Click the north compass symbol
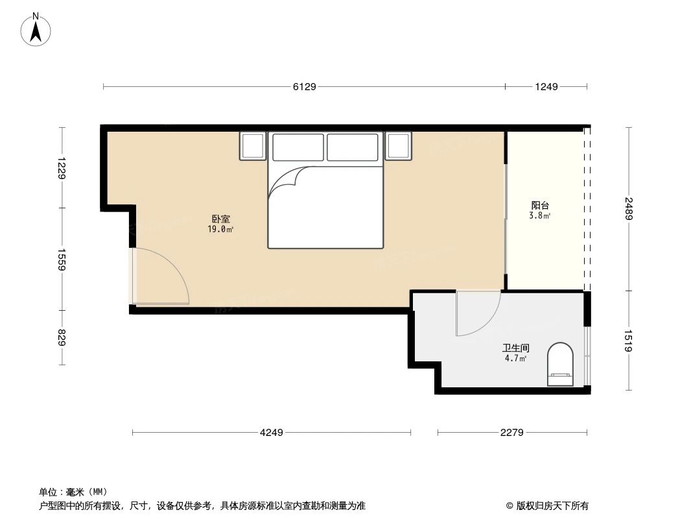point(36,29)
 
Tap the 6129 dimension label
point(304,86)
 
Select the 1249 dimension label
point(546,86)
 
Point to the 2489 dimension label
point(628,209)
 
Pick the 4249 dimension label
point(272,433)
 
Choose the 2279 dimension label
point(512,433)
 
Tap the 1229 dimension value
point(62,168)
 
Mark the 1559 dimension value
point(62,259)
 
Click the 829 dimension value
point(62,337)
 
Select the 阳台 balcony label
point(540,206)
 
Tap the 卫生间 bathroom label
point(516,348)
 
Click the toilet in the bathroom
point(561,365)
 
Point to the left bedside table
point(253,146)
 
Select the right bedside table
point(398,146)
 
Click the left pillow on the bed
point(298,147)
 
